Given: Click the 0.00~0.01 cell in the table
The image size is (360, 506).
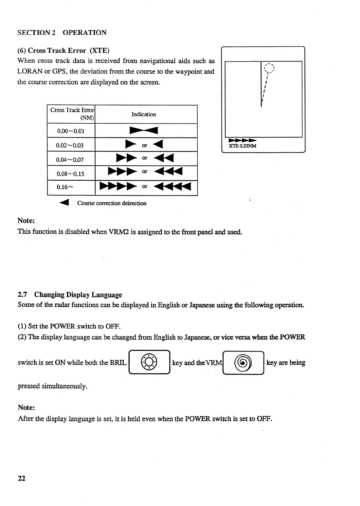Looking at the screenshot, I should (x=71, y=131).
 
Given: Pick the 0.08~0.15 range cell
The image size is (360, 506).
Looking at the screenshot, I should (x=70, y=173).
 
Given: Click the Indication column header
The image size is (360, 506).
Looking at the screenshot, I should (x=144, y=114).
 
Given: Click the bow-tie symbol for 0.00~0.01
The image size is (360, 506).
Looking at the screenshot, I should (x=144, y=131).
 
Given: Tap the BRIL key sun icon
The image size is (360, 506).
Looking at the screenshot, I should (x=149, y=363).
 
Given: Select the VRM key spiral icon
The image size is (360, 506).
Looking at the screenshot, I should (x=243, y=363).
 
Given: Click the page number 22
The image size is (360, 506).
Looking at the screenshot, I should (x=22, y=478).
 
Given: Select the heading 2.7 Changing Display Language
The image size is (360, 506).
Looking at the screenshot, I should (x=70, y=295).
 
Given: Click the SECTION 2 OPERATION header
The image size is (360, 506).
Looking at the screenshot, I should (x=62, y=32).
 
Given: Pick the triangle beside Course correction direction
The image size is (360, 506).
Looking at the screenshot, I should (x=64, y=203).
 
